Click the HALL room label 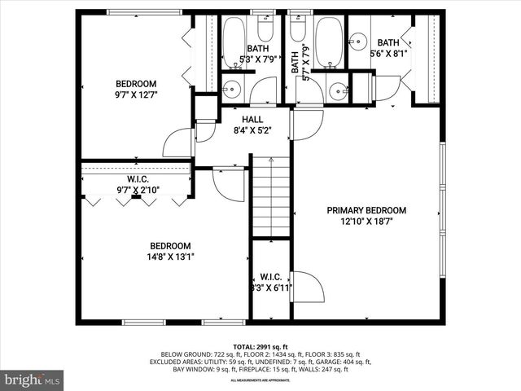240,118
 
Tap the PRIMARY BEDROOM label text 366,210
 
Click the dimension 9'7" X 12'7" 135,94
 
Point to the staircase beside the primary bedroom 270,196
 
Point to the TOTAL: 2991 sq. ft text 260,347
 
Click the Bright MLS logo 33,380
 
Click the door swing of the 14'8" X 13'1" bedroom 229,184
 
